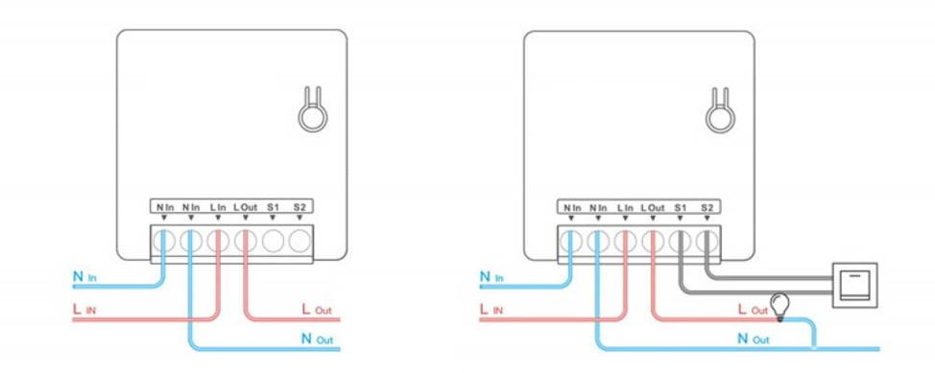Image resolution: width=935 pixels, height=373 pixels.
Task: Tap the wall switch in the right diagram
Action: click(854, 285)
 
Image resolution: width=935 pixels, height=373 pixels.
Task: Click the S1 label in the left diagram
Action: click(273, 207)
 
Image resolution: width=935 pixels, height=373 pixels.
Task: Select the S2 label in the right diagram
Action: click(707, 208)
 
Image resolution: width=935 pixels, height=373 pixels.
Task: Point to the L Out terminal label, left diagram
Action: click(245, 207)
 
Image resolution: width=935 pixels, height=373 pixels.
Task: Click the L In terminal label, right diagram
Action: click(625, 208)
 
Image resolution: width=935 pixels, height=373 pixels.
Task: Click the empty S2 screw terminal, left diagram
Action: click(300, 242)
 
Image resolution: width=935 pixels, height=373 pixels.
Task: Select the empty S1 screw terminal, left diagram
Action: click(273, 242)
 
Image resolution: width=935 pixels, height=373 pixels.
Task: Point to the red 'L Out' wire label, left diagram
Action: click(316, 310)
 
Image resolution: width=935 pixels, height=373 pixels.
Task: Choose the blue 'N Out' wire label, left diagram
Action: click(317, 339)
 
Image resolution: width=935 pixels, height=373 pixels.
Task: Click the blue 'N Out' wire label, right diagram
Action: click(754, 339)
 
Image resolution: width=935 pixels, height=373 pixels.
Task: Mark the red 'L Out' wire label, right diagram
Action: click(753, 310)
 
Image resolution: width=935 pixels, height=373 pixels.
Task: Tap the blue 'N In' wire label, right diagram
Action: click(491, 277)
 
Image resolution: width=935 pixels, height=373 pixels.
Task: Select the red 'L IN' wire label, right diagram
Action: click(491, 310)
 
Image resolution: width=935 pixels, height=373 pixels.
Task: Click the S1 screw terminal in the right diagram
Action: click(680, 242)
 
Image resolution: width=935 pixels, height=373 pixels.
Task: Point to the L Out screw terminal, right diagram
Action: click(653, 242)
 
